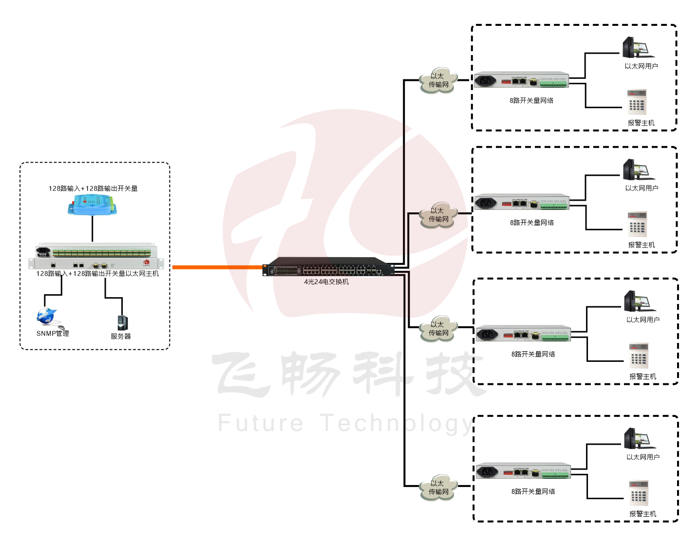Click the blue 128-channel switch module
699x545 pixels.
[x=92, y=205]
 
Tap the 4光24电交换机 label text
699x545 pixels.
[x=326, y=282]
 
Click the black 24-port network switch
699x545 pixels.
[x=328, y=267]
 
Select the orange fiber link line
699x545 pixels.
[x=217, y=267]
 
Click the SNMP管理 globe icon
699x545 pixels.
[x=47, y=317]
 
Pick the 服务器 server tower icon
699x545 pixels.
[x=122, y=322]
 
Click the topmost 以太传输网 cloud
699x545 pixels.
[x=438, y=81]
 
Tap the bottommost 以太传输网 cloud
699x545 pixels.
[x=438, y=488]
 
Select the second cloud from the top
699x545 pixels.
[x=438, y=215]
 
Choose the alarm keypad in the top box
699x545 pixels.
[x=637, y=102]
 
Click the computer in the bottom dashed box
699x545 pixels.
[x=639, y=438]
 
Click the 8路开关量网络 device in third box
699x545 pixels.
[x=523, y=334]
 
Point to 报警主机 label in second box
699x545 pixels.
[x=641, y=245]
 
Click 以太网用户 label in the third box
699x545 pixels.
[x=642, y=320]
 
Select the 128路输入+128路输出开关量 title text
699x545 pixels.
[x=93, y=188]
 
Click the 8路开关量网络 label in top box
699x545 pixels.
[x=531, y=100]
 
